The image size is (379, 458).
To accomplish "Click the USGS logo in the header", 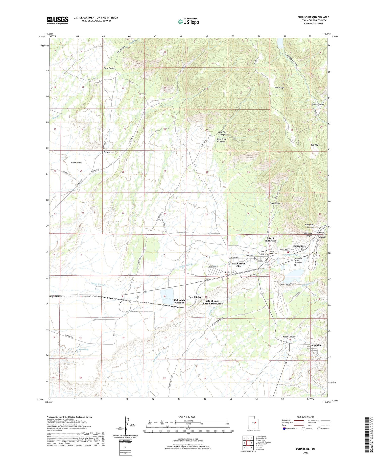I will [58, 20].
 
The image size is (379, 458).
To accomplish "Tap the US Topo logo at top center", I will [188, 21].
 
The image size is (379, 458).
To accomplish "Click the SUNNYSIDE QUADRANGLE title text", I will [313, 17].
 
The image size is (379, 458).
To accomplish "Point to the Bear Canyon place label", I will [109, 68].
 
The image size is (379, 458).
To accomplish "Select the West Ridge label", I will [279, 87].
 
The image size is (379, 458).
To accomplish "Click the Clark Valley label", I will [76, 162].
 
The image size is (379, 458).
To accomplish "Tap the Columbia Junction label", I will [179, 301].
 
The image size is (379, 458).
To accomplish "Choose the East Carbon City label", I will [239, 265].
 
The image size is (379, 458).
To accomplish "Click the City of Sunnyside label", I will [270, 239].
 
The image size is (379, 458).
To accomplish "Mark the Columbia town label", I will [316, 345].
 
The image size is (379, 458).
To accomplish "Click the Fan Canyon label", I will [275, 203].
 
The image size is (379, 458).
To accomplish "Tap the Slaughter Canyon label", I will [309, 226].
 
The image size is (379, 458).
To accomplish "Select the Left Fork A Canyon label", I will [222, 133].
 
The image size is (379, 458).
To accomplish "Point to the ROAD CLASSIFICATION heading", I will [305, 417].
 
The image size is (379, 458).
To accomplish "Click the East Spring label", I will [83, 349].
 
